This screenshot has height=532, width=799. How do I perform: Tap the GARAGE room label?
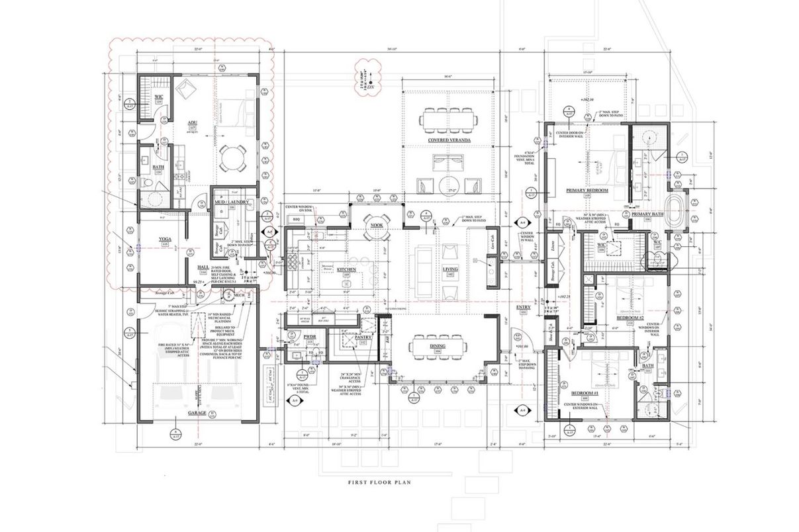point(197,413)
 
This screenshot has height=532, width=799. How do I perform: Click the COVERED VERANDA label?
point(449,141)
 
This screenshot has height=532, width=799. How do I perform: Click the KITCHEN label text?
point(348,269)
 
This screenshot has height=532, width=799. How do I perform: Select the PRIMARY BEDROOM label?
point(587,191)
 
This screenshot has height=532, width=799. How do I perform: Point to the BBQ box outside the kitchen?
point(297,218)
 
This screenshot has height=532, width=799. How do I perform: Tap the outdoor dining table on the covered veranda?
point(449,120)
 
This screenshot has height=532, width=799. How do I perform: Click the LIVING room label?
point(449,269)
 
